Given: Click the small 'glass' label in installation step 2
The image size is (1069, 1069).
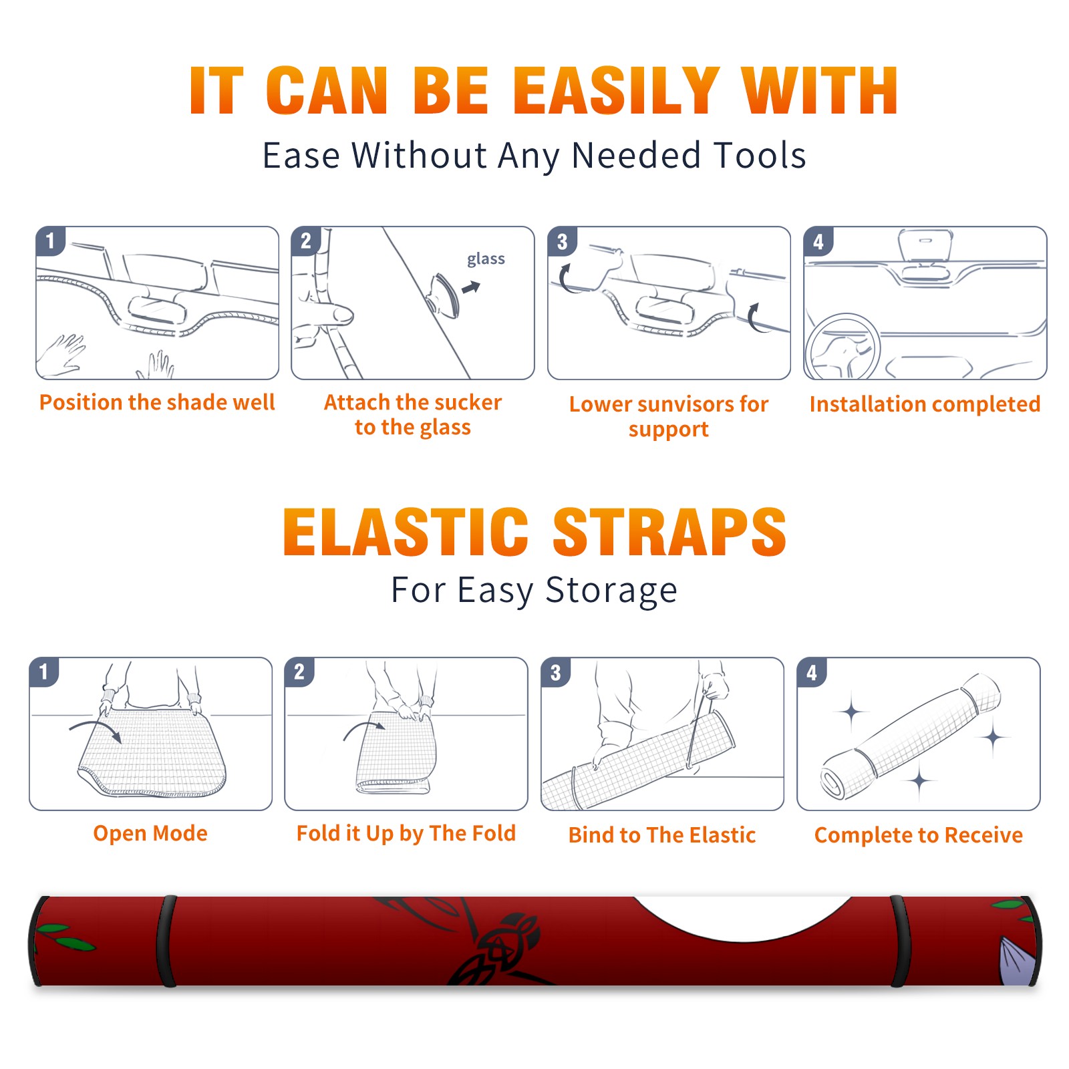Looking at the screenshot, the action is point(486,259).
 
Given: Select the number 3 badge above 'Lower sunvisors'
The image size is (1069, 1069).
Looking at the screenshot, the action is point(562,241).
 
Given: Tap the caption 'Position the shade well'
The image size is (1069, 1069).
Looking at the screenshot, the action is point(157,402).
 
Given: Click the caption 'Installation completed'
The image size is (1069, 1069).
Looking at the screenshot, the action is point(925,404).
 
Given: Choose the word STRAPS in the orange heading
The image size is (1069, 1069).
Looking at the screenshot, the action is point(669,532).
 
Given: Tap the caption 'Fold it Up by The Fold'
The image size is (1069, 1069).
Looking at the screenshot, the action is point(406,833).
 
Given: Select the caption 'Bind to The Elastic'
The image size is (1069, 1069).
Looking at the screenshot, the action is point(662,835).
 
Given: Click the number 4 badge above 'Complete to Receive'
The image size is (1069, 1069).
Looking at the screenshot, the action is point(811,672).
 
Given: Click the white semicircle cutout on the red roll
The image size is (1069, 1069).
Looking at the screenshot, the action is point(742,916).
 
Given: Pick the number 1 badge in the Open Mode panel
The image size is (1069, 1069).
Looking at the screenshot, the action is point(43,672).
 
